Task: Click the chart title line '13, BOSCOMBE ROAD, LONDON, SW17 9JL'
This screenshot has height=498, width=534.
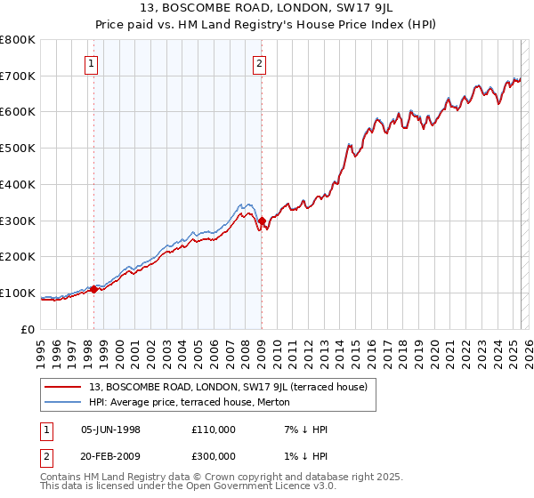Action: (x=267, y=11)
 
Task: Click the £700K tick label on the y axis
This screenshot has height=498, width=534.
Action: (x=18, y=76)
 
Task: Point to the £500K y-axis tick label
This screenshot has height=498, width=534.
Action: (x=18, y=148)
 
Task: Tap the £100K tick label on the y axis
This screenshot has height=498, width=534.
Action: (x=18, y=293)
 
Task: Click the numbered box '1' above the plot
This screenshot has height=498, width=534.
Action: (x=93, y=63)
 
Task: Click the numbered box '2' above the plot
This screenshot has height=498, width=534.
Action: (x=258, y=63)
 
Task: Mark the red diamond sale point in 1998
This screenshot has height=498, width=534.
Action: (x=93, y=288)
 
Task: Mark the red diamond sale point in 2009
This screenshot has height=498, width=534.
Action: (x=262, y=220)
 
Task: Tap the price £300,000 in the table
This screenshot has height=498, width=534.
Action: (x=213, y=456)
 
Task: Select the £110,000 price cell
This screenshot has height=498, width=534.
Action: (x=213, y=430)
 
